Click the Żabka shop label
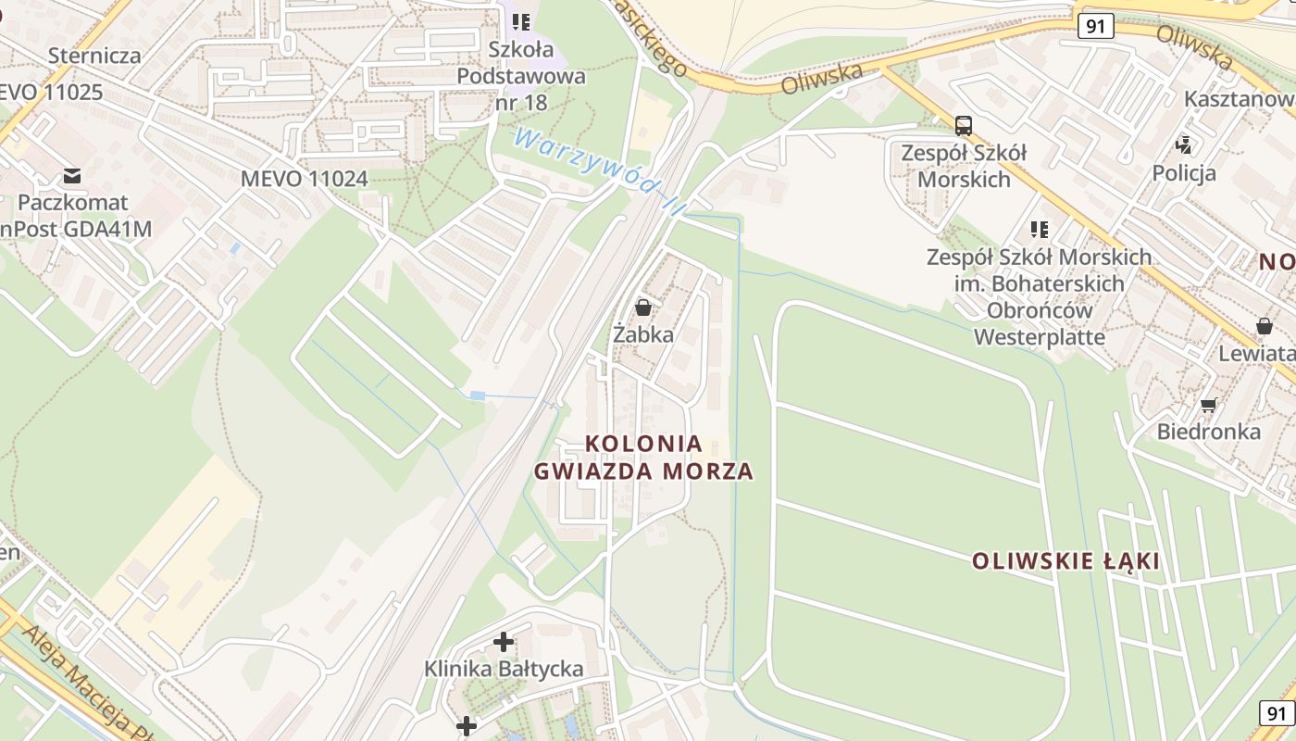coord(643,334)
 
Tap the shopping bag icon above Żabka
coord(643,307)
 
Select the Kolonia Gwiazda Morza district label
coord(644,458)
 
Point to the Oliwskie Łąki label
coord(1065,561)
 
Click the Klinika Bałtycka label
coord(504,669)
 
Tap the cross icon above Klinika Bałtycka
coord(504,641)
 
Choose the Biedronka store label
coord(1208,432)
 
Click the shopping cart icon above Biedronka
coord(1208,405)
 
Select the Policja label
coord(1184,172)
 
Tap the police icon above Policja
coord(1184,144)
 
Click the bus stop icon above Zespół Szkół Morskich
coord(964,125)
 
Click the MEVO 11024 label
coord(304,179)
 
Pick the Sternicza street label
coord(94,56)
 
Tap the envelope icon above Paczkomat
coord(71,175)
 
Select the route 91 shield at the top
coord(1095,26)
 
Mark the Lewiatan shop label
coord(1256,354)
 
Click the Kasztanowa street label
coord(1240,99)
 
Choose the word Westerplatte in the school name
coord(1040,336)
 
